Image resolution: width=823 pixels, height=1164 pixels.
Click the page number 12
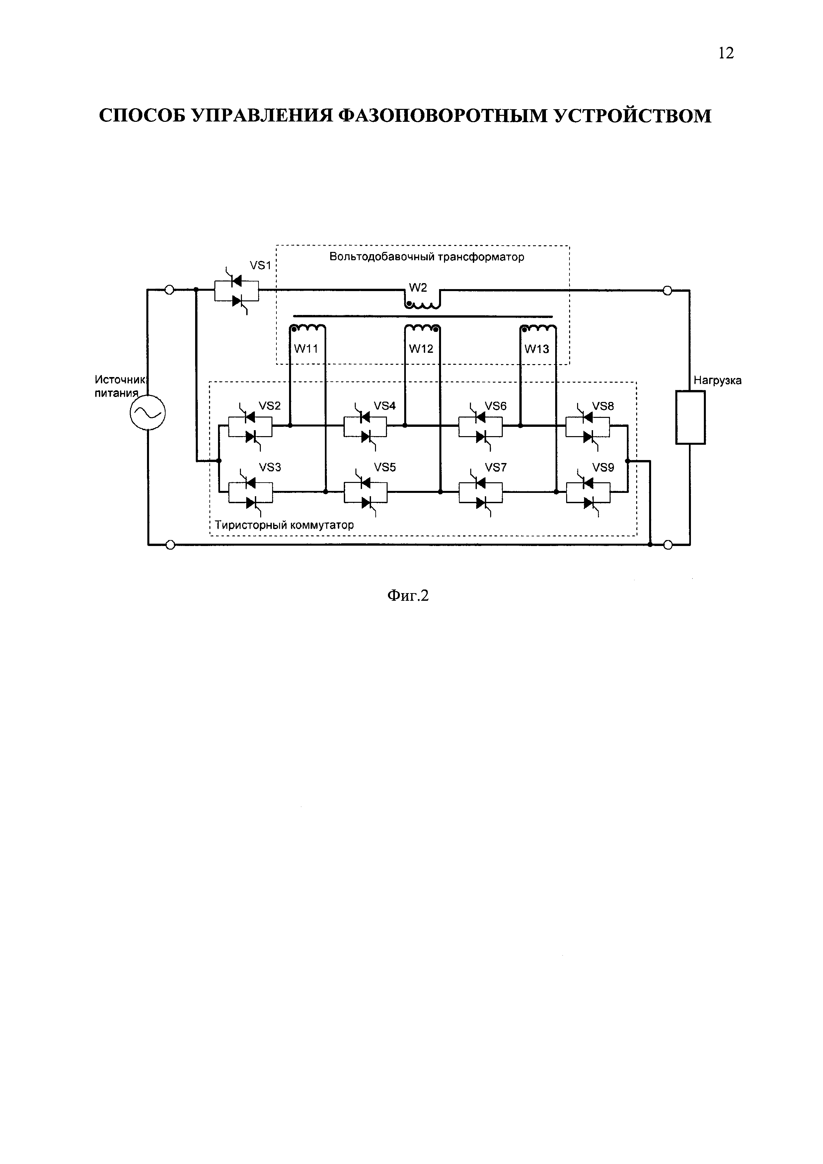[x=726, y=53]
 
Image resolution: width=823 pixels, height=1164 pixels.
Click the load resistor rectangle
[x=690, y=417]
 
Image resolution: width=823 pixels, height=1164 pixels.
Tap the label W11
[x=306, y=349]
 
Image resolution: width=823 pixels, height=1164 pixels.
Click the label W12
[x=421, y=349]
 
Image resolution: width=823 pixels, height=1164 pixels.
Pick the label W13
[x=536, y=349]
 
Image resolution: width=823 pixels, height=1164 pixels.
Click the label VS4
[x=385, y=406]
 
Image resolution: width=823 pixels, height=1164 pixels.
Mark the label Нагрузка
[x=717, y=380]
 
